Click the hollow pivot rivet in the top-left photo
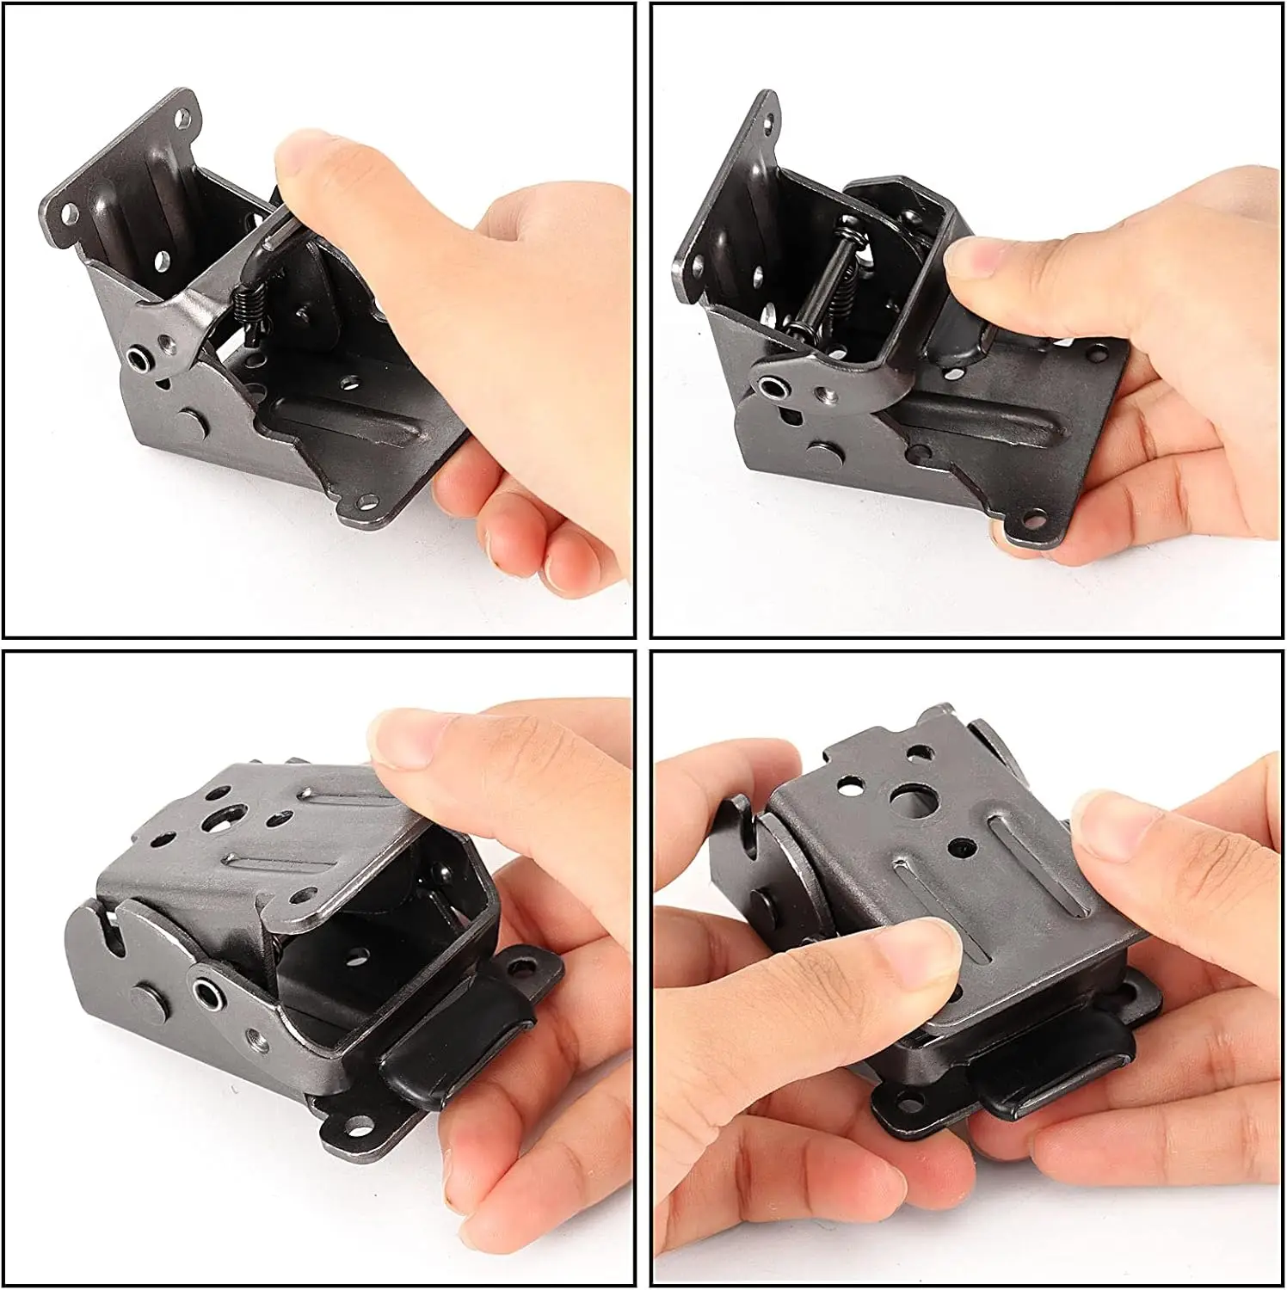138,356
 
